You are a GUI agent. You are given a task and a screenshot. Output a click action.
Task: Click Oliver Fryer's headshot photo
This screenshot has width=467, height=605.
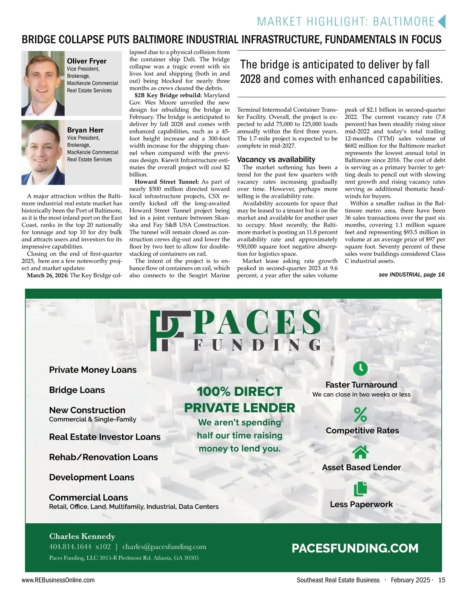click(43, 83)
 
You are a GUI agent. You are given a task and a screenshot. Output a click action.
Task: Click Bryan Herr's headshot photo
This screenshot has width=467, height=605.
click(43, 152)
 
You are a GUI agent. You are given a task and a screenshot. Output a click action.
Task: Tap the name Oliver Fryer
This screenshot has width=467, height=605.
click(86, 61)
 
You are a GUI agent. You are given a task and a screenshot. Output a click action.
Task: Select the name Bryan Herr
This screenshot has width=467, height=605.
click(85, 130)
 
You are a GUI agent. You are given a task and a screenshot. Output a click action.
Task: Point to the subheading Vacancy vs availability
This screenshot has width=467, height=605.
click(276, 160)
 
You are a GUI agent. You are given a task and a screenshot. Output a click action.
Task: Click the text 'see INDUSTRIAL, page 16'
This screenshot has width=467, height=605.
click(411, 275)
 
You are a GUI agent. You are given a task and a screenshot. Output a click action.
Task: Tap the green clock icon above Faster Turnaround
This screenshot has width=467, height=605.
click(360, 368)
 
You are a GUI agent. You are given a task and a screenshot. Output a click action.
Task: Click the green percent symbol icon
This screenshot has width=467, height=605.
click(360, 414)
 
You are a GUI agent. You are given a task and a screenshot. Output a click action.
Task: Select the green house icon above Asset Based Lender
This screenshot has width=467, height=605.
click(360, 452)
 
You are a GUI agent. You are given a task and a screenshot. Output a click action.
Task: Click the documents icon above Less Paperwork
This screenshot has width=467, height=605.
click(360, 489)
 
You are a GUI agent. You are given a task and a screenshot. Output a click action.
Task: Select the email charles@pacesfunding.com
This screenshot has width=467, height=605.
click(164, 547)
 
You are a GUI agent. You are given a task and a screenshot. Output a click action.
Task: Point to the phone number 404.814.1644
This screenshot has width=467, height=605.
click(70, 547)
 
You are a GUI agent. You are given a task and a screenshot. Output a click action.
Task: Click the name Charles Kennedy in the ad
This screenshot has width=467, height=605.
click(82, 536)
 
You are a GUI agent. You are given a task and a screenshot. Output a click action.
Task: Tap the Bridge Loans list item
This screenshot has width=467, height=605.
click(77, 390)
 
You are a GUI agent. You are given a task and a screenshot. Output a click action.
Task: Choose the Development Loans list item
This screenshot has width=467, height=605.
click(91, 477)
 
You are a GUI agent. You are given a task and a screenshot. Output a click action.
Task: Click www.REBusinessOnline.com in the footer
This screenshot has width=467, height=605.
click(58, 580)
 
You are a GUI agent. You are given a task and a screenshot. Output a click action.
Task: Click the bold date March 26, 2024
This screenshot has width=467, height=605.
click(47, 275)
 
